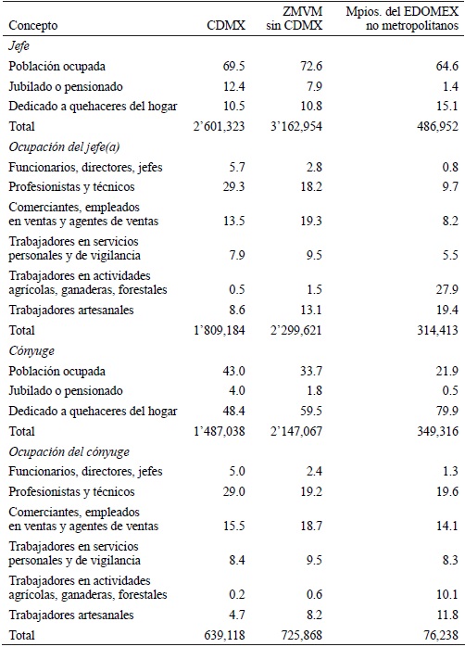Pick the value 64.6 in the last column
point(446,66)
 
